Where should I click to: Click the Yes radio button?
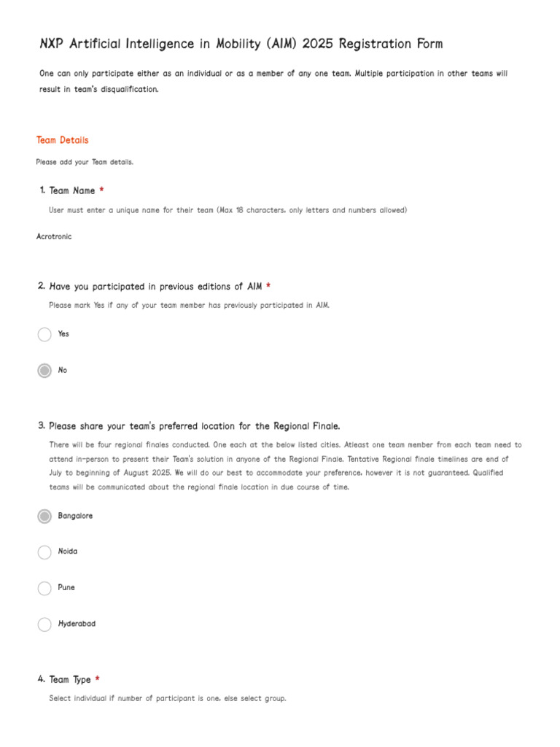pos(44,334)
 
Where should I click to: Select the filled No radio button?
pos(44,371)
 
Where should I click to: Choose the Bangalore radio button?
pos(44,516)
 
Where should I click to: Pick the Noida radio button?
pos(44,552)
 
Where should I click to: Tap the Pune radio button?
pos(44,588)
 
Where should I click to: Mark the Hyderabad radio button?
pos(44,624)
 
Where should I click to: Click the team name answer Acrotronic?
pos(54,236)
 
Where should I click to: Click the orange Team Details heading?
pos(63,140)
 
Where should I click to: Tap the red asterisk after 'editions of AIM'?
pos(268,287)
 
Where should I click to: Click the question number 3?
pos(42,426)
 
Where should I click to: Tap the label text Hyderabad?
pos(77,624)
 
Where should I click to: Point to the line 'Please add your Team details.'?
pos(85,162)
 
